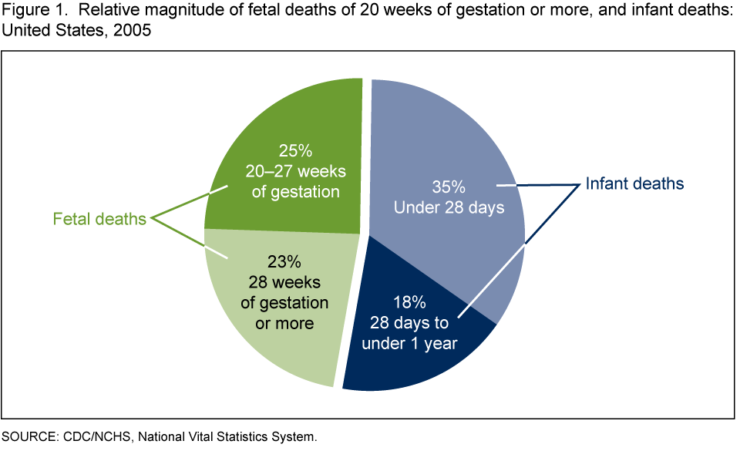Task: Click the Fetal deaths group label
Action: (99, 220)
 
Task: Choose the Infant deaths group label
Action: (635, 184)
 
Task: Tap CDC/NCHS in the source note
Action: (89, 437)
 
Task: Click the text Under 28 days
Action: (449, 208)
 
